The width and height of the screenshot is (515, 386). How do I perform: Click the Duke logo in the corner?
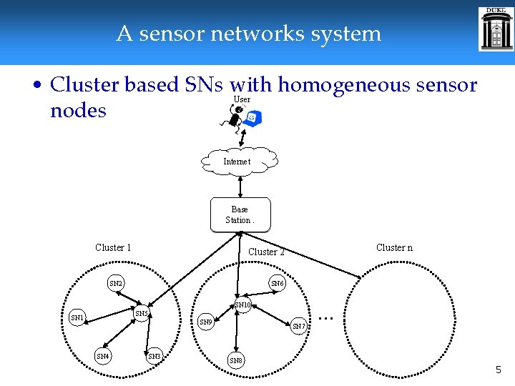(x=496, y=29)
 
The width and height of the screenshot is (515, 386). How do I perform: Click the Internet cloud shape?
(x=239, y=161)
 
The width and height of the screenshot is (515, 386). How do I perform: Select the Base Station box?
(x=240, y=214)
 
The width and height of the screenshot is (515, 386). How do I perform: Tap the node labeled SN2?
(x=116, y=284)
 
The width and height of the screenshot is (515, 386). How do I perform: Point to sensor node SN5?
(x=142, y=314)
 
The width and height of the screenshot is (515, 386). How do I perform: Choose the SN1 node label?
(x=77, y=317)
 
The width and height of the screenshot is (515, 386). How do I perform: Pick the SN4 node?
(x=103, y=355)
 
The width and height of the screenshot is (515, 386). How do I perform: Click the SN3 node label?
(x=154, y=355)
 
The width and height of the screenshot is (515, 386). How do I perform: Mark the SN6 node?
(x=278, y=284)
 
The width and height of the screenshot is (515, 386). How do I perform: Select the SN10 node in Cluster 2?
(x=243, y=305)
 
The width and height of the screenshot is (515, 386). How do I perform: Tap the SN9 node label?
(x=205, y=322)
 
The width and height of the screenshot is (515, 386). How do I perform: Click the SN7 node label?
(x=299, y=327)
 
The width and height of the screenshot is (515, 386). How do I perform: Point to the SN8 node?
(x=235, y=360)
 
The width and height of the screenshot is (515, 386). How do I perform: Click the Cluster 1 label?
(x=113, y=247)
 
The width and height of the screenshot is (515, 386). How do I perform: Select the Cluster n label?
(x=394, y=247)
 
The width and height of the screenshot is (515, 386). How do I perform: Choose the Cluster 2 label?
(x=266, y=252)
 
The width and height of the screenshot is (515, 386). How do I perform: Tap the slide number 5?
(x=499, y=370)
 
